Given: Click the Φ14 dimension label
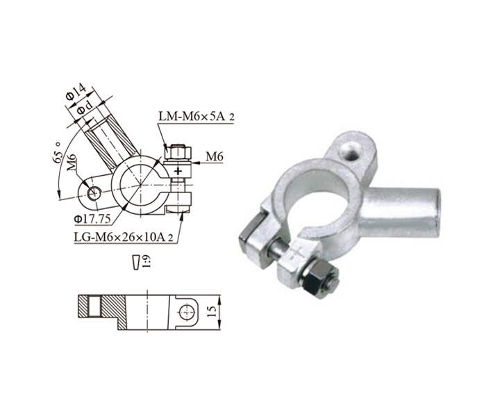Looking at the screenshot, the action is [75, 92].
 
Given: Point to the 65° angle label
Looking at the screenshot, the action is [57, 154].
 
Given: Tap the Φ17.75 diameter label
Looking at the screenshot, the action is [92, 219].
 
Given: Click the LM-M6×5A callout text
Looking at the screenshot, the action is [196, 116].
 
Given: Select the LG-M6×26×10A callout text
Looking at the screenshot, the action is [123, 237].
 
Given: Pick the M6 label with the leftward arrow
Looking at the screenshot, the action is [215, 156].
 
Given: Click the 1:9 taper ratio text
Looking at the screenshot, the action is [146, 262].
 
